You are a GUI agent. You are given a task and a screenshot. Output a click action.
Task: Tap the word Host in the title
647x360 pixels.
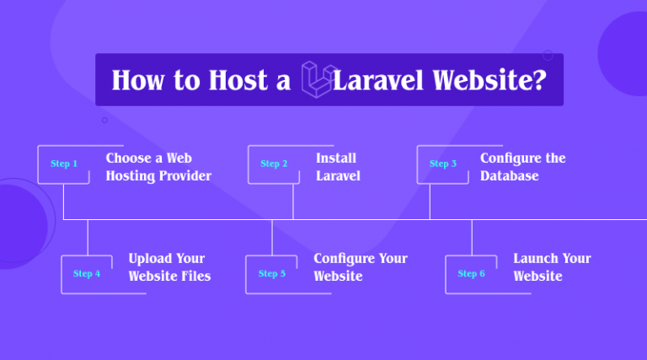(x=229, y=81)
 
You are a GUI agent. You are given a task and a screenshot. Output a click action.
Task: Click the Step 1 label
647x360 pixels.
(x=64, y=164)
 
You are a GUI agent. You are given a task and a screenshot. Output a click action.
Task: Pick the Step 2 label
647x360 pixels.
(x=274, y=164)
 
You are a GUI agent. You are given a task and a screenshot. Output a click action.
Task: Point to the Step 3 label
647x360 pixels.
(x=443, y=164)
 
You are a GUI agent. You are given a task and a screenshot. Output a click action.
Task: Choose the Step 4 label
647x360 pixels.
(x=87, y=274)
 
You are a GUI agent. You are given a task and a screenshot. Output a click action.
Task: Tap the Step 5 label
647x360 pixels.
(x=272, y=274)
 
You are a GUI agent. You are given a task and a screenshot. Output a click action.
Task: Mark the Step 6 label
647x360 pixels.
(x=471, y=274)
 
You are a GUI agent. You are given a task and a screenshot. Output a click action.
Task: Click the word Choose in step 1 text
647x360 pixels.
(x=126, y=158)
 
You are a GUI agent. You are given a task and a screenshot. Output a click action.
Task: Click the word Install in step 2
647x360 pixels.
(x=336, y=158)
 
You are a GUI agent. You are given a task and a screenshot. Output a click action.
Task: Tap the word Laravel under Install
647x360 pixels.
(x=338, y=176)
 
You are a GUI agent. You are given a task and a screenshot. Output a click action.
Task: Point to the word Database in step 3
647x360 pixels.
(x=509, y=176)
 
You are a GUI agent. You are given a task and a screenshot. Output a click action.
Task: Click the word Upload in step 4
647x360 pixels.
(x=148, y=258)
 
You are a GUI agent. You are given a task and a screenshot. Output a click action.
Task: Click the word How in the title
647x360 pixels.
(x=136, y=81)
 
